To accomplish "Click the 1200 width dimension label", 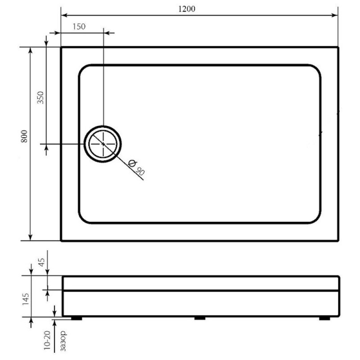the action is pyautogui.click(x=187, y=9).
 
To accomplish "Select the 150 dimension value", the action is pyautogui.click(x=79, y=27).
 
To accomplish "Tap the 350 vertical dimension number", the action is pyautogui.click(x=40, y=98).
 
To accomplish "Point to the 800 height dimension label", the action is pyautogui.click(x=24, y=136).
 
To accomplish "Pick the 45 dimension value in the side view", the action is pyautogui.click(x=41, y=262).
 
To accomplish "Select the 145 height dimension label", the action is pyautogui.click(x=26, y=299).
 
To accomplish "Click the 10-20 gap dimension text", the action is pyautogui.click(x=47, y=340).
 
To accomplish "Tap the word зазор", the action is pyautogui.click(x=63, y=341).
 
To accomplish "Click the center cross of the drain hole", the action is pyautogui.click(x=103, y=144).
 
